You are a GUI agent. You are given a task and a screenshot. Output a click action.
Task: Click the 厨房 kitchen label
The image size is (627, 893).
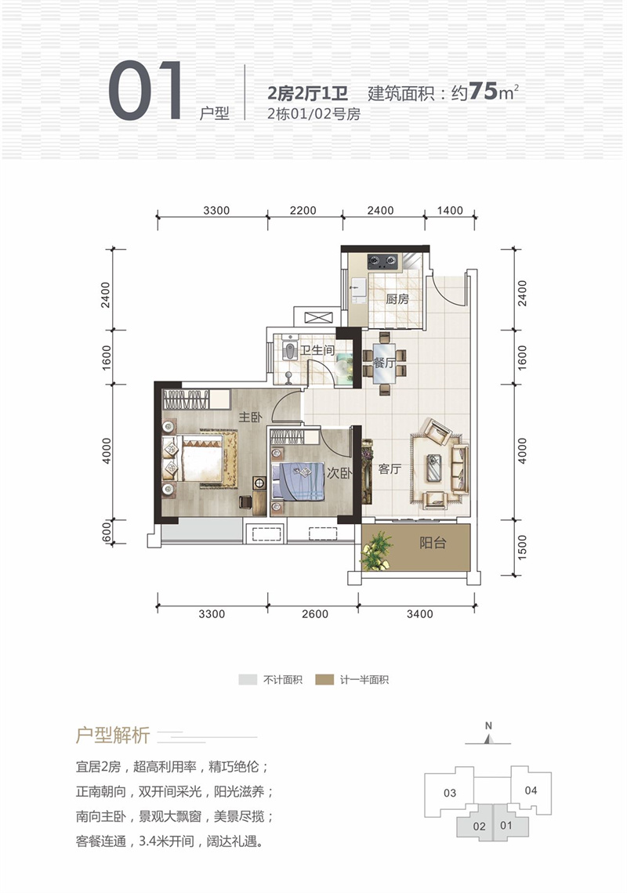click(x=397, y=299)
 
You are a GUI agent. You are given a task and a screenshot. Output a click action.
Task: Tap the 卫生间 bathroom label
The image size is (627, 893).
click(x=317, y=349)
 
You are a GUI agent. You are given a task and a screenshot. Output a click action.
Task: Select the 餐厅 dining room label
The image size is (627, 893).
click(x=383, y=363)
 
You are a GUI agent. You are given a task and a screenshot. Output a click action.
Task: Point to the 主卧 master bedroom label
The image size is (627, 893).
click(x=250, y=418)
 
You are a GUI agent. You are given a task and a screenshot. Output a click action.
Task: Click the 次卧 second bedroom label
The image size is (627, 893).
click(x=339, y=472)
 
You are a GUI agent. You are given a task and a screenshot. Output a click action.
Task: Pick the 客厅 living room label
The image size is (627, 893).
click(x=390, y=468)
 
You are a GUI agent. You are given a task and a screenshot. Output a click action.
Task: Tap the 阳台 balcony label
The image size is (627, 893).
click(x=433, y=543)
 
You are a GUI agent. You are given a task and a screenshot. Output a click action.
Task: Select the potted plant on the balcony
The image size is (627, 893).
click(x=377, y=551)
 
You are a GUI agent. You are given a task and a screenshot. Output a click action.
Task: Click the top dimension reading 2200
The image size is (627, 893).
click(x=303, y=210)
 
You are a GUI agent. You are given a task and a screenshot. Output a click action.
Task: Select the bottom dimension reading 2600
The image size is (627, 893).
click(x=314, y=614)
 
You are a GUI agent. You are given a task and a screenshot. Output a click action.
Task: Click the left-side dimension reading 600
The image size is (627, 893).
click(x=106, y=533)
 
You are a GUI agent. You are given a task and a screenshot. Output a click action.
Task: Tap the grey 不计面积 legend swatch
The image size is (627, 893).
click(x=248, y=679)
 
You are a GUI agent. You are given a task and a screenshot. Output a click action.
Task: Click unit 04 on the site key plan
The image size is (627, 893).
click(x=531, y=790)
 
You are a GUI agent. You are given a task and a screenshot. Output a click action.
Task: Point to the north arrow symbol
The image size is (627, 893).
click(x=488, y=739)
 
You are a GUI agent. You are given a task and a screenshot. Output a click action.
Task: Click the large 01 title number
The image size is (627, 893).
click(x=146, y=91)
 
